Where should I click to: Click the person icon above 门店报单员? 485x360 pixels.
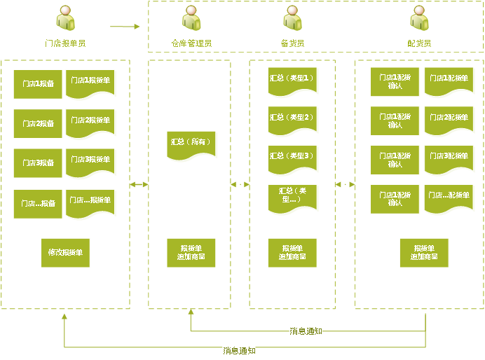(65, 19)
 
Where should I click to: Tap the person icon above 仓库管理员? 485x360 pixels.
(191, 19)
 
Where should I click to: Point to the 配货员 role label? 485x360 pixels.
(419, 43)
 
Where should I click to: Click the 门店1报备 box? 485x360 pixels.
(38, 84)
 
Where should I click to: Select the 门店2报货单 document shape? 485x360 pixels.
(90, 123)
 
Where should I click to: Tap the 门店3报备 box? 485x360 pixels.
(38, 162)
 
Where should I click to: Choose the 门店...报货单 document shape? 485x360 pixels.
(90, 203)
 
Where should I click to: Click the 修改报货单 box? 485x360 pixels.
(65, 253)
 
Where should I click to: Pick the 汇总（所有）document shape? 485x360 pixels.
(191, 144)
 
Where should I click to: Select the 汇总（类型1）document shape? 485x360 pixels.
(293, 81)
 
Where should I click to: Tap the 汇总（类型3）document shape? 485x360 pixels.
(293, 158)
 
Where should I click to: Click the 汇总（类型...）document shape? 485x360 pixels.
(293, 197)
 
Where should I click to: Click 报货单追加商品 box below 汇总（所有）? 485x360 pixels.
(191, 253)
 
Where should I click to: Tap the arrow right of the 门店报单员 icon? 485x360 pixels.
(125, 27)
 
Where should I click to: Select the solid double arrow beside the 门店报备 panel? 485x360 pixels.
(139, 184)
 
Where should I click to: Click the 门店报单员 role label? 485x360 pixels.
(65, 43)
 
